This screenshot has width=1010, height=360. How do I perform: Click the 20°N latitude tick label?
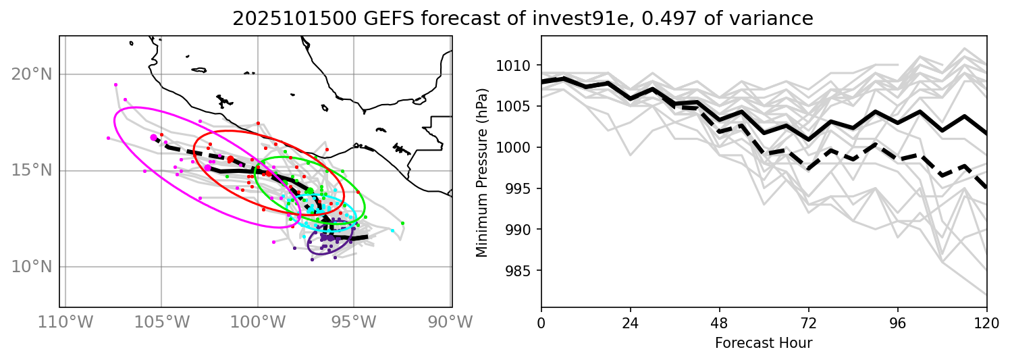[x=30, y=74]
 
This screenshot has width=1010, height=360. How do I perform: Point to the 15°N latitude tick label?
[x=30, y=170]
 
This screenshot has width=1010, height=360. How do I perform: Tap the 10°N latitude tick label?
[x=30, y=267]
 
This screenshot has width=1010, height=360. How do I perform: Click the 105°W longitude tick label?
[x=161, y=323]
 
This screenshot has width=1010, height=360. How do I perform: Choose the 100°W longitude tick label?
[x=257, y=323]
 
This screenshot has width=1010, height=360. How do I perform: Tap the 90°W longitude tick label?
[x=450, y=323]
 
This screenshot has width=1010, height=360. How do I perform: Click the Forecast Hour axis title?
[x=764, y=343]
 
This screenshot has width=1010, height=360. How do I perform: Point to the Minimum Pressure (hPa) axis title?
[x=482, y=172]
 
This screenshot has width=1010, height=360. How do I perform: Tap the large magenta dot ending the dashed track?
[x=154, y=137]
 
